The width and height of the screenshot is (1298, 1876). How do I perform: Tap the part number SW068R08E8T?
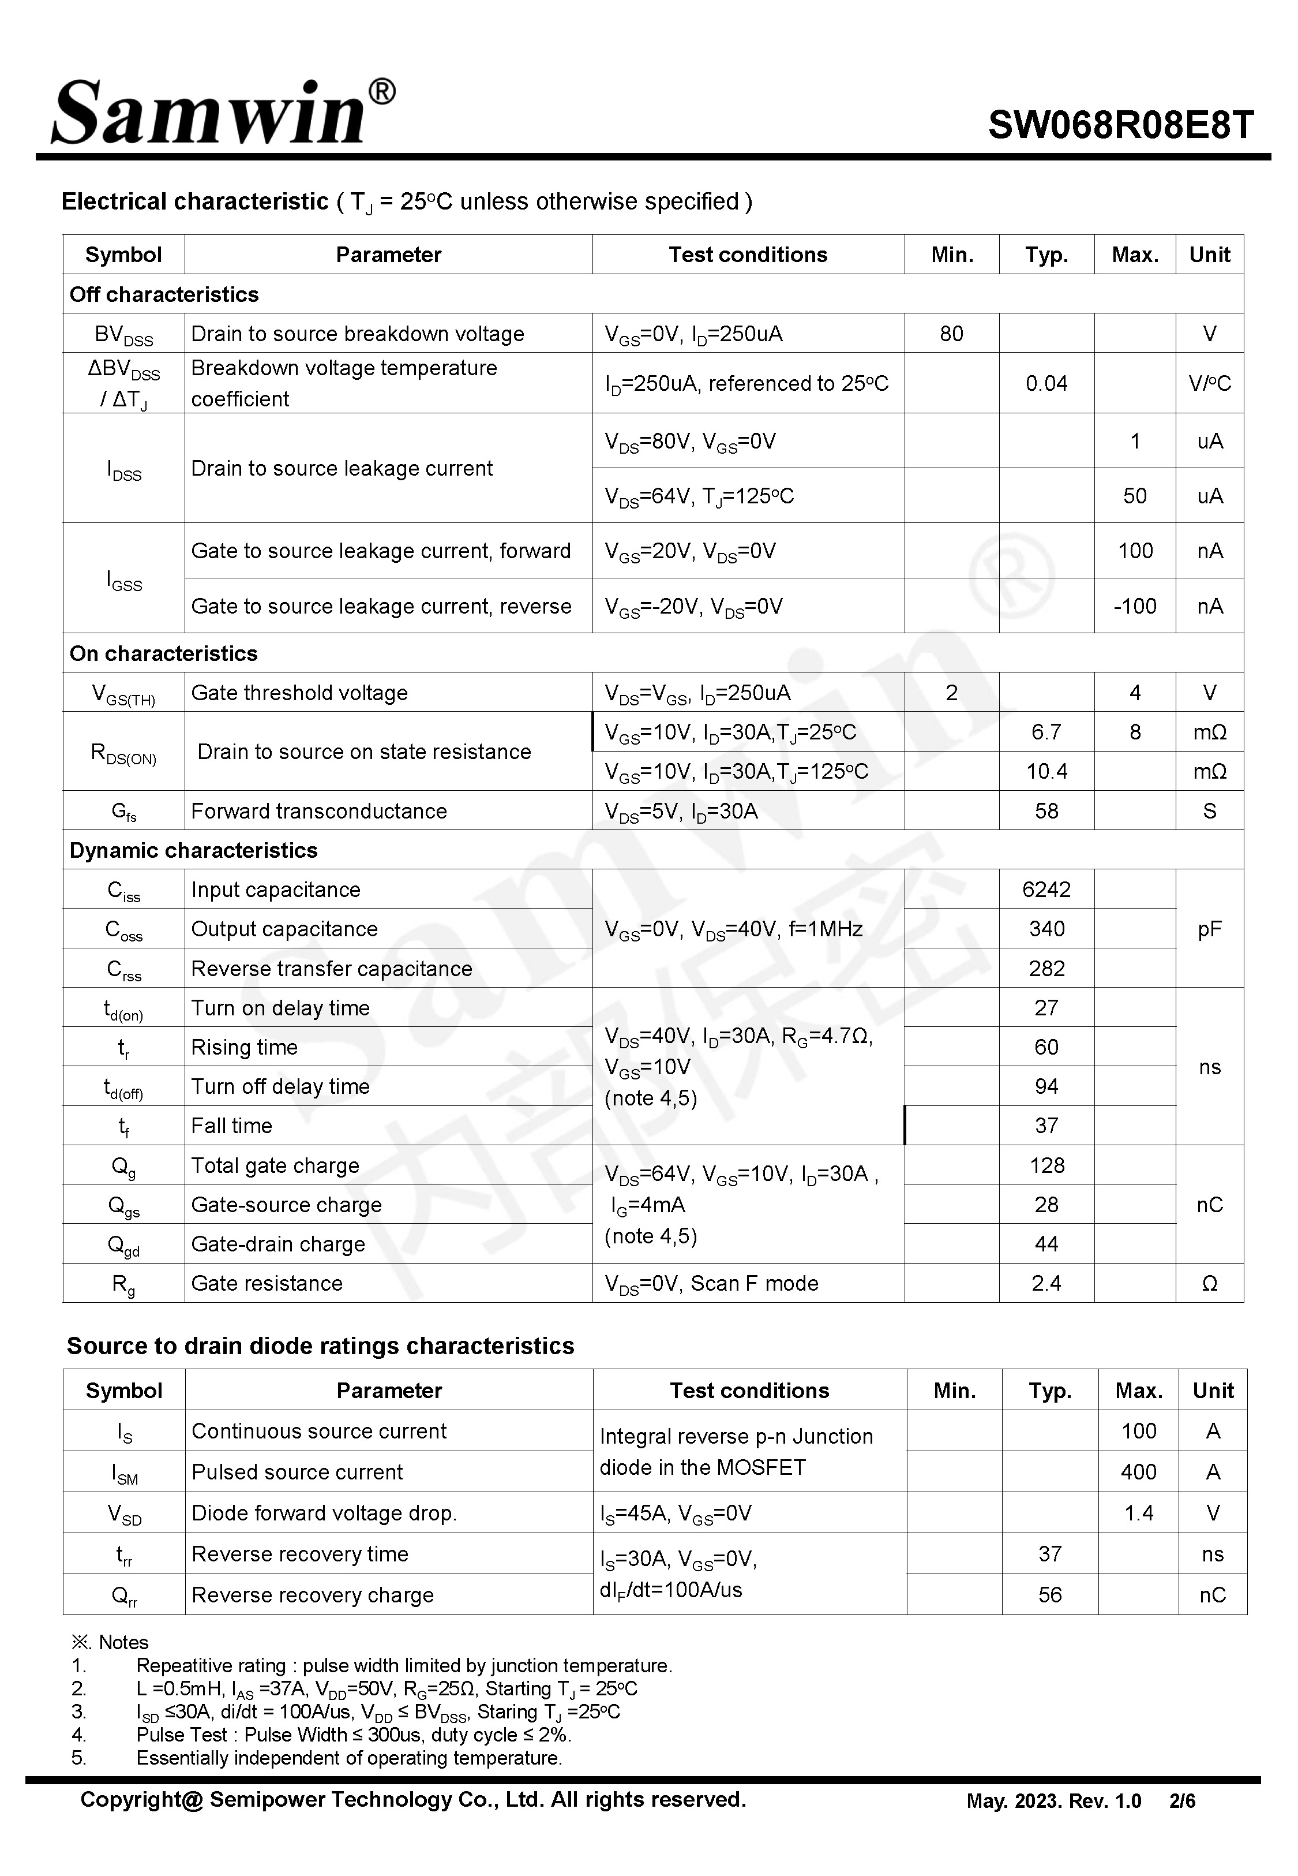(1121, 125)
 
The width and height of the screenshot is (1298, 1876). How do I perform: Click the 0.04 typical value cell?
(1046, 383)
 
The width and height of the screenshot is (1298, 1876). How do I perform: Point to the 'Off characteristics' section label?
(164, 294)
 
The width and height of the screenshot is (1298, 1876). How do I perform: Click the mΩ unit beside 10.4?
(1209, 771)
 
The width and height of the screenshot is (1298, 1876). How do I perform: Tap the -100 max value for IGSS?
(1135, 606)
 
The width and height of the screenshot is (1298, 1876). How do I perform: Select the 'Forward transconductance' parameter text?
(319, 811)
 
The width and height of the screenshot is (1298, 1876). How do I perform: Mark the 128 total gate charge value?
(1046, 1166)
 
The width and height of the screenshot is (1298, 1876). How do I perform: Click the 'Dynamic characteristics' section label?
(194, 850)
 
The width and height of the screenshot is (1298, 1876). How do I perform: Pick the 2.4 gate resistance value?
(1046, 1283)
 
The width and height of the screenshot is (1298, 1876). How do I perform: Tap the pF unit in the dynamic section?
(1209, 929)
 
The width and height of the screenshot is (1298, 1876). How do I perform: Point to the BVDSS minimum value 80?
(951, 334)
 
